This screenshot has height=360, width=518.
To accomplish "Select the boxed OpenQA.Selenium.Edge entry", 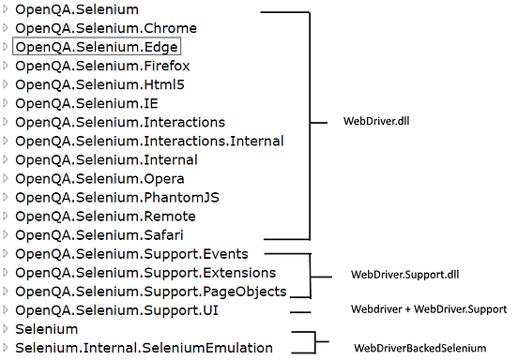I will tap(96, 47).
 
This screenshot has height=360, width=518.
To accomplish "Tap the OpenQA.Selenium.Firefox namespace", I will tap(101, 66).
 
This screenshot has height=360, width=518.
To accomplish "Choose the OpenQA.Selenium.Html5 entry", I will tap(99, 84).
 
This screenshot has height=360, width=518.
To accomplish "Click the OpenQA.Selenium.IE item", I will tap(84, 103).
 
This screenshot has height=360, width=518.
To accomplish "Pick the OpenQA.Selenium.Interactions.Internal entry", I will tap(149, 141).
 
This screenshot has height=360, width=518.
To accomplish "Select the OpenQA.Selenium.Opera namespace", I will tap(99, 178).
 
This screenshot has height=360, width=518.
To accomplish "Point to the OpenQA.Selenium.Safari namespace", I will tap(99, 234).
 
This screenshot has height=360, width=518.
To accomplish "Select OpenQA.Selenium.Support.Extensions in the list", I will tap(145, 273).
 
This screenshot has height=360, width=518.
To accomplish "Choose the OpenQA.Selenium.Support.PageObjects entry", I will tap(150, 292).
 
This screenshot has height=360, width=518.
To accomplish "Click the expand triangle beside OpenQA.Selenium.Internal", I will tap(6, 159).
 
